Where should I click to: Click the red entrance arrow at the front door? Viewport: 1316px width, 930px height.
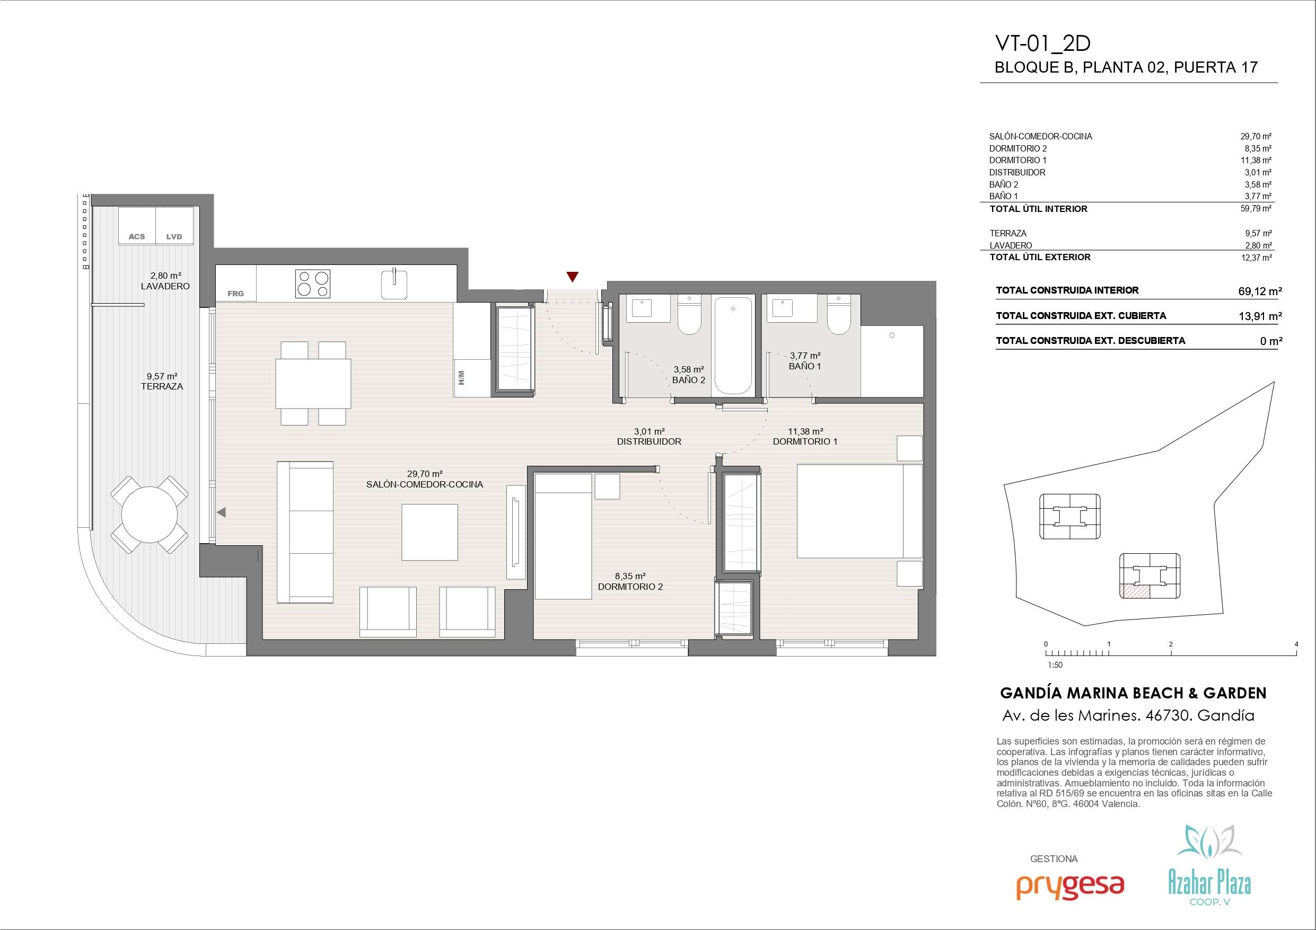click(x=572, y=277)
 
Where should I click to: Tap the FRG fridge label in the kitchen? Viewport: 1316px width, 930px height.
click(x=235, y=294)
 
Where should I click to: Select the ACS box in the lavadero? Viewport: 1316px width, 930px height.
click(x=137, y=226)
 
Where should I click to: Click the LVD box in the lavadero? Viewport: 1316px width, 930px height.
click(x=174, y=226)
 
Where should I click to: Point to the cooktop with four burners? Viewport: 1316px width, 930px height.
click(x=313, y=284)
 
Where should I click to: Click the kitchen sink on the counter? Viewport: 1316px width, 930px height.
click(x=394, y=284)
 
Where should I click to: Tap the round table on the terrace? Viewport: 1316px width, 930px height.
click(x=149, y=515)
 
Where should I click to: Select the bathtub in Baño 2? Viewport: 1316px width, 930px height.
click(x=733, y=345)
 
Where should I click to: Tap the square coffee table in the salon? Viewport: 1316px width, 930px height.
click(x=430, y=533)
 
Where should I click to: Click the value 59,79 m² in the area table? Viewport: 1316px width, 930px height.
click(x=1256, y=209)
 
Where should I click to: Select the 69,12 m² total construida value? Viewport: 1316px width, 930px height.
click(x=1260, y=291)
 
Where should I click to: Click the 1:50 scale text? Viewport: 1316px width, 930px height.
click(x=1055, y=665)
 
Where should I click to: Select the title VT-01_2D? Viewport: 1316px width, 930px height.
click(x=1042, y=43)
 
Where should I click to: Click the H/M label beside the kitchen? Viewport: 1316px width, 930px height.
click(x=461, y=377)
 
